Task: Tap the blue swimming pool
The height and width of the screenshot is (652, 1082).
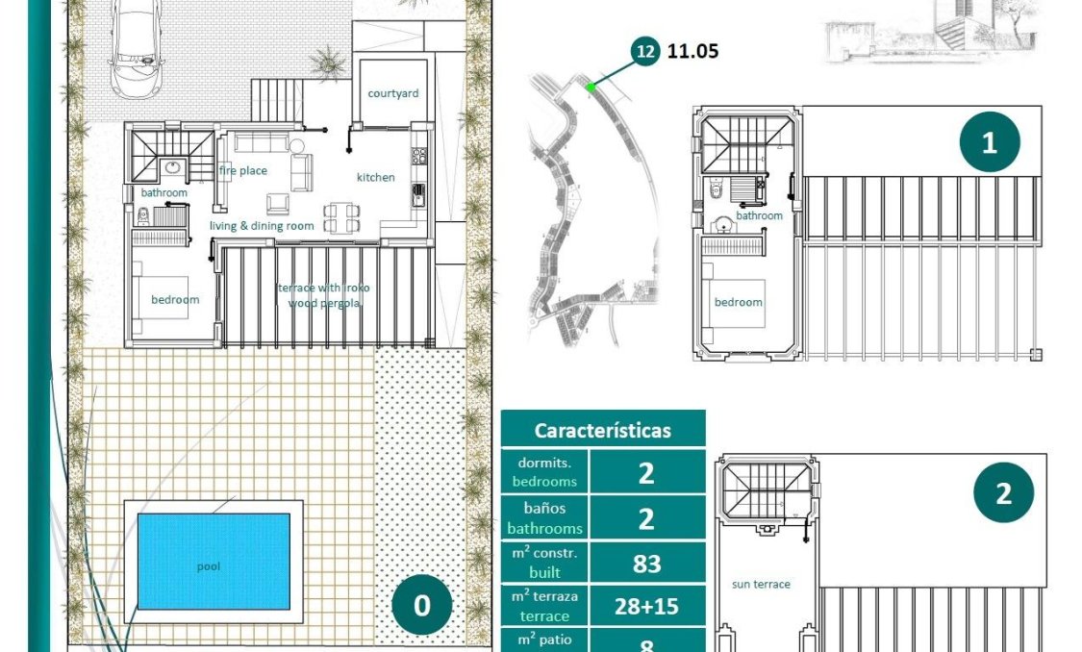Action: point(213,561)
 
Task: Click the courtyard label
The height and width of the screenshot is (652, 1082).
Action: point(393,93)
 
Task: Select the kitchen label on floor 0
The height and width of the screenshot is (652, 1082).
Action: point(375,177)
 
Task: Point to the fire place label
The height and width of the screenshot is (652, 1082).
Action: point(242,170)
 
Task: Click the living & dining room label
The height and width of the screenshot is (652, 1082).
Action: point(262,226)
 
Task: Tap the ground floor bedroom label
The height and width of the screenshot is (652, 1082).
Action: point(175,299)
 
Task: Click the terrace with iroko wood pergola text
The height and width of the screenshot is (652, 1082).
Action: point(322,295)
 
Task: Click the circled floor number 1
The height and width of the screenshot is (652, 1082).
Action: point(990,143)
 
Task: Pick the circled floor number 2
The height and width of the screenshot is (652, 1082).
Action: point(1003,493)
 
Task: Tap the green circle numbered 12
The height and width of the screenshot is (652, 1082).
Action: point(645,52)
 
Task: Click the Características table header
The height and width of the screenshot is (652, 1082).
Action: point(603,430)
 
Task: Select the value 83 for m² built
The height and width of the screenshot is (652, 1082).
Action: point(646,563)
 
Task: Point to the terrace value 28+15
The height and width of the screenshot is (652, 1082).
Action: point(646,606)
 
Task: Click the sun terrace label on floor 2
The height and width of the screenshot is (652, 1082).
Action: point(761,584)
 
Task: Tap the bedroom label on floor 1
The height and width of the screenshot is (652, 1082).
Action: point(738,302)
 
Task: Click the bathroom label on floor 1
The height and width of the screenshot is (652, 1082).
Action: point(759,215)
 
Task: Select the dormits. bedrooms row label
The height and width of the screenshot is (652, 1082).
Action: point(544,471)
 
